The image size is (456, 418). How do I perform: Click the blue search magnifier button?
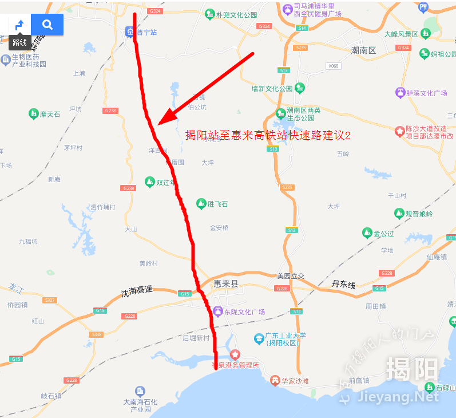coord(47,25)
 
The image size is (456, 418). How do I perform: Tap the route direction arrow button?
coord(19,25)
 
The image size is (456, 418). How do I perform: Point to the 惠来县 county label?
coord(225,283)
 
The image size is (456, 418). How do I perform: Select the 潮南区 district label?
coord(363,51)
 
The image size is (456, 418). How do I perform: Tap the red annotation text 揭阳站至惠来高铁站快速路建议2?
coord(267,135)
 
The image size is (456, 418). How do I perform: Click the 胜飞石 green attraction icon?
coord(201,203)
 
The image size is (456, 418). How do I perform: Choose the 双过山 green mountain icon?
coord(149,182)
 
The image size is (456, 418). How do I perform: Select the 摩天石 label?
coord(50,115)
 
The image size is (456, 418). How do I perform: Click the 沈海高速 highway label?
coord(137,290)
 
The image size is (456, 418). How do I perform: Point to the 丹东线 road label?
coord(344,284)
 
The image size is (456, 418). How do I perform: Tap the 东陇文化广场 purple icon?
coord(217,311)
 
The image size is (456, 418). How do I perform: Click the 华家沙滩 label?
coord(294,380)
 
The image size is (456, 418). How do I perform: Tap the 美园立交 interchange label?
coord(291,275)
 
